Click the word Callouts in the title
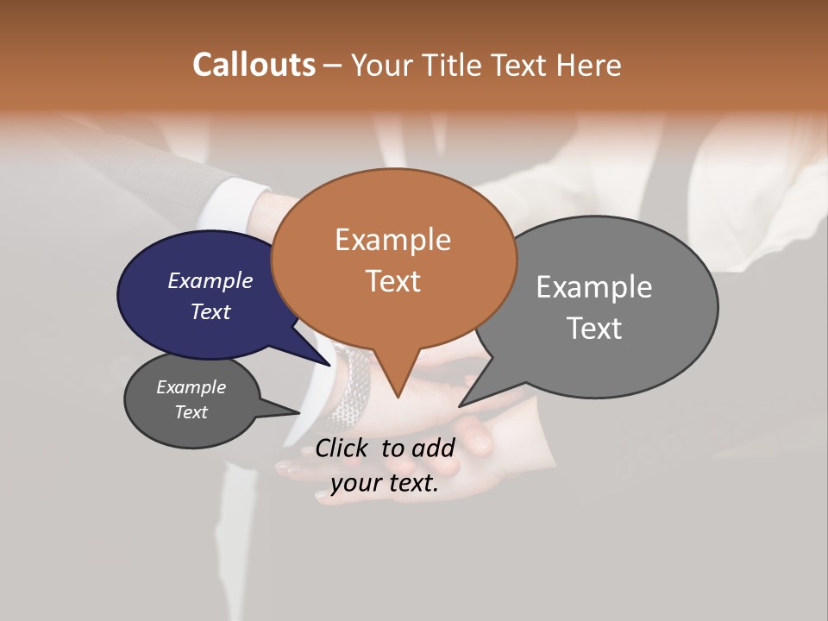tap(254, 65)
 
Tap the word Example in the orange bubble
tap(392, 240)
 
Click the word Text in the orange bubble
tap(392, 281)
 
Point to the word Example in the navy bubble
tap(210, 280)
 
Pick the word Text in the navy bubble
tap(210, 311)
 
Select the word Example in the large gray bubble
tap(594, 287)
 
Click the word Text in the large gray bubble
tap(594, 329)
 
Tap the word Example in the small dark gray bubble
tap(191, 387)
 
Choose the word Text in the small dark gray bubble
tap(191, 412)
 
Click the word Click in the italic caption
tap(344, 448)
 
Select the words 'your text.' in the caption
tap(385, 483)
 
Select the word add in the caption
tap(433, 448)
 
